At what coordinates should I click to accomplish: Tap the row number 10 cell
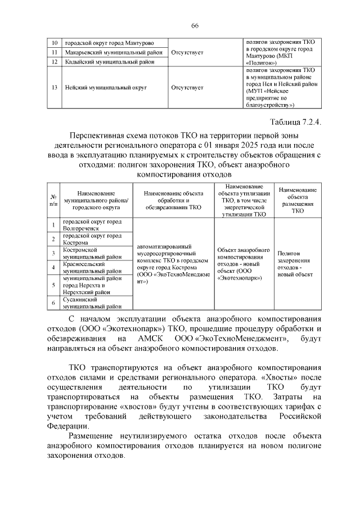(x=55, y=43)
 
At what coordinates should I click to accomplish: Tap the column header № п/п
(x=55, y=200)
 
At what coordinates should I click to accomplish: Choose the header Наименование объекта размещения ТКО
(x=297, y=200)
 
